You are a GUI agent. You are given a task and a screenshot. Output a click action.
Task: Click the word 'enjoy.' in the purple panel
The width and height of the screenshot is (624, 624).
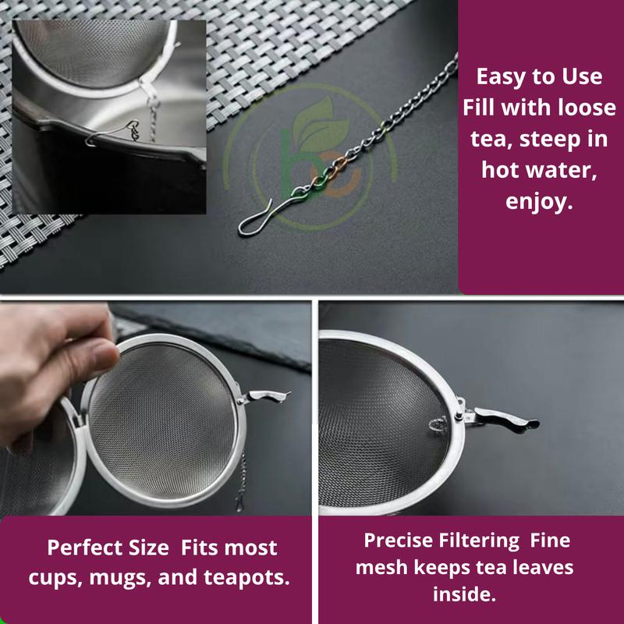[539, 201]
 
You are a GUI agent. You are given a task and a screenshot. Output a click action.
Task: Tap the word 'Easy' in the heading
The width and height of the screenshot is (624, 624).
[499, 76]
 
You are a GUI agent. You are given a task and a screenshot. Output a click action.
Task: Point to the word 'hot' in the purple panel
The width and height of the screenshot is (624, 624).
[499, 170]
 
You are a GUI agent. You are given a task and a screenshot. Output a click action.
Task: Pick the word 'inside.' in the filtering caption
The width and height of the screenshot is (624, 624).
[464, 594]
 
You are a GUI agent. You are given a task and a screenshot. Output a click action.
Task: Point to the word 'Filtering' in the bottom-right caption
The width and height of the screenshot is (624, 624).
[479, 541]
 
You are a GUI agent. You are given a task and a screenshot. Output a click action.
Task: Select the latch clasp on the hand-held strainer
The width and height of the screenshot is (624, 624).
[264, 396]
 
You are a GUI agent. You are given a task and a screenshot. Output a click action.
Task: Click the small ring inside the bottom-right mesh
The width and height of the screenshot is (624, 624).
[438, 424]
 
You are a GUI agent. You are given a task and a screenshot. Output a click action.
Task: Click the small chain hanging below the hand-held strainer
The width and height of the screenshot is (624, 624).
[241, 481]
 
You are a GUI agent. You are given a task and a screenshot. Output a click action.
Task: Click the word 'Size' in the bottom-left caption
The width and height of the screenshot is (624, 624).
[148, 548]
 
